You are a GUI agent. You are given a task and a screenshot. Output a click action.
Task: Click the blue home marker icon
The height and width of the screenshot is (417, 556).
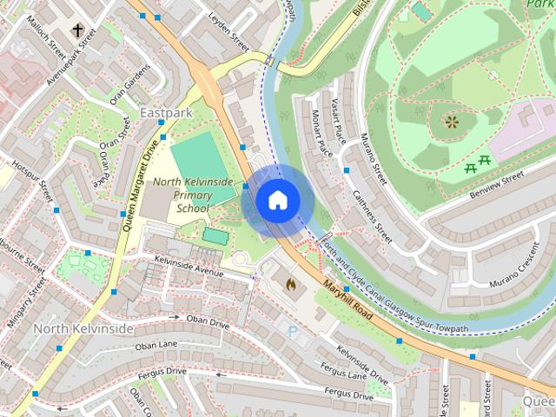277,201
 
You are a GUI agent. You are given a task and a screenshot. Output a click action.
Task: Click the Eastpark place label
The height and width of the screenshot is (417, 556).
165,114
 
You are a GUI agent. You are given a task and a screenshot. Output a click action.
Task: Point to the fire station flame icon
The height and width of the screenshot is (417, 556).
290,283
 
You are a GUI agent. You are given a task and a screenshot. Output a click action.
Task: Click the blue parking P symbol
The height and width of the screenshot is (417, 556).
292,331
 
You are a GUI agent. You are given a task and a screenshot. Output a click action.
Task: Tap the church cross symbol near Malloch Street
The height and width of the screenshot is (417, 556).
78,31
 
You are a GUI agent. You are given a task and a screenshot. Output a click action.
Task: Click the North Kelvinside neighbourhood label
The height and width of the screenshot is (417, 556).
83,328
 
